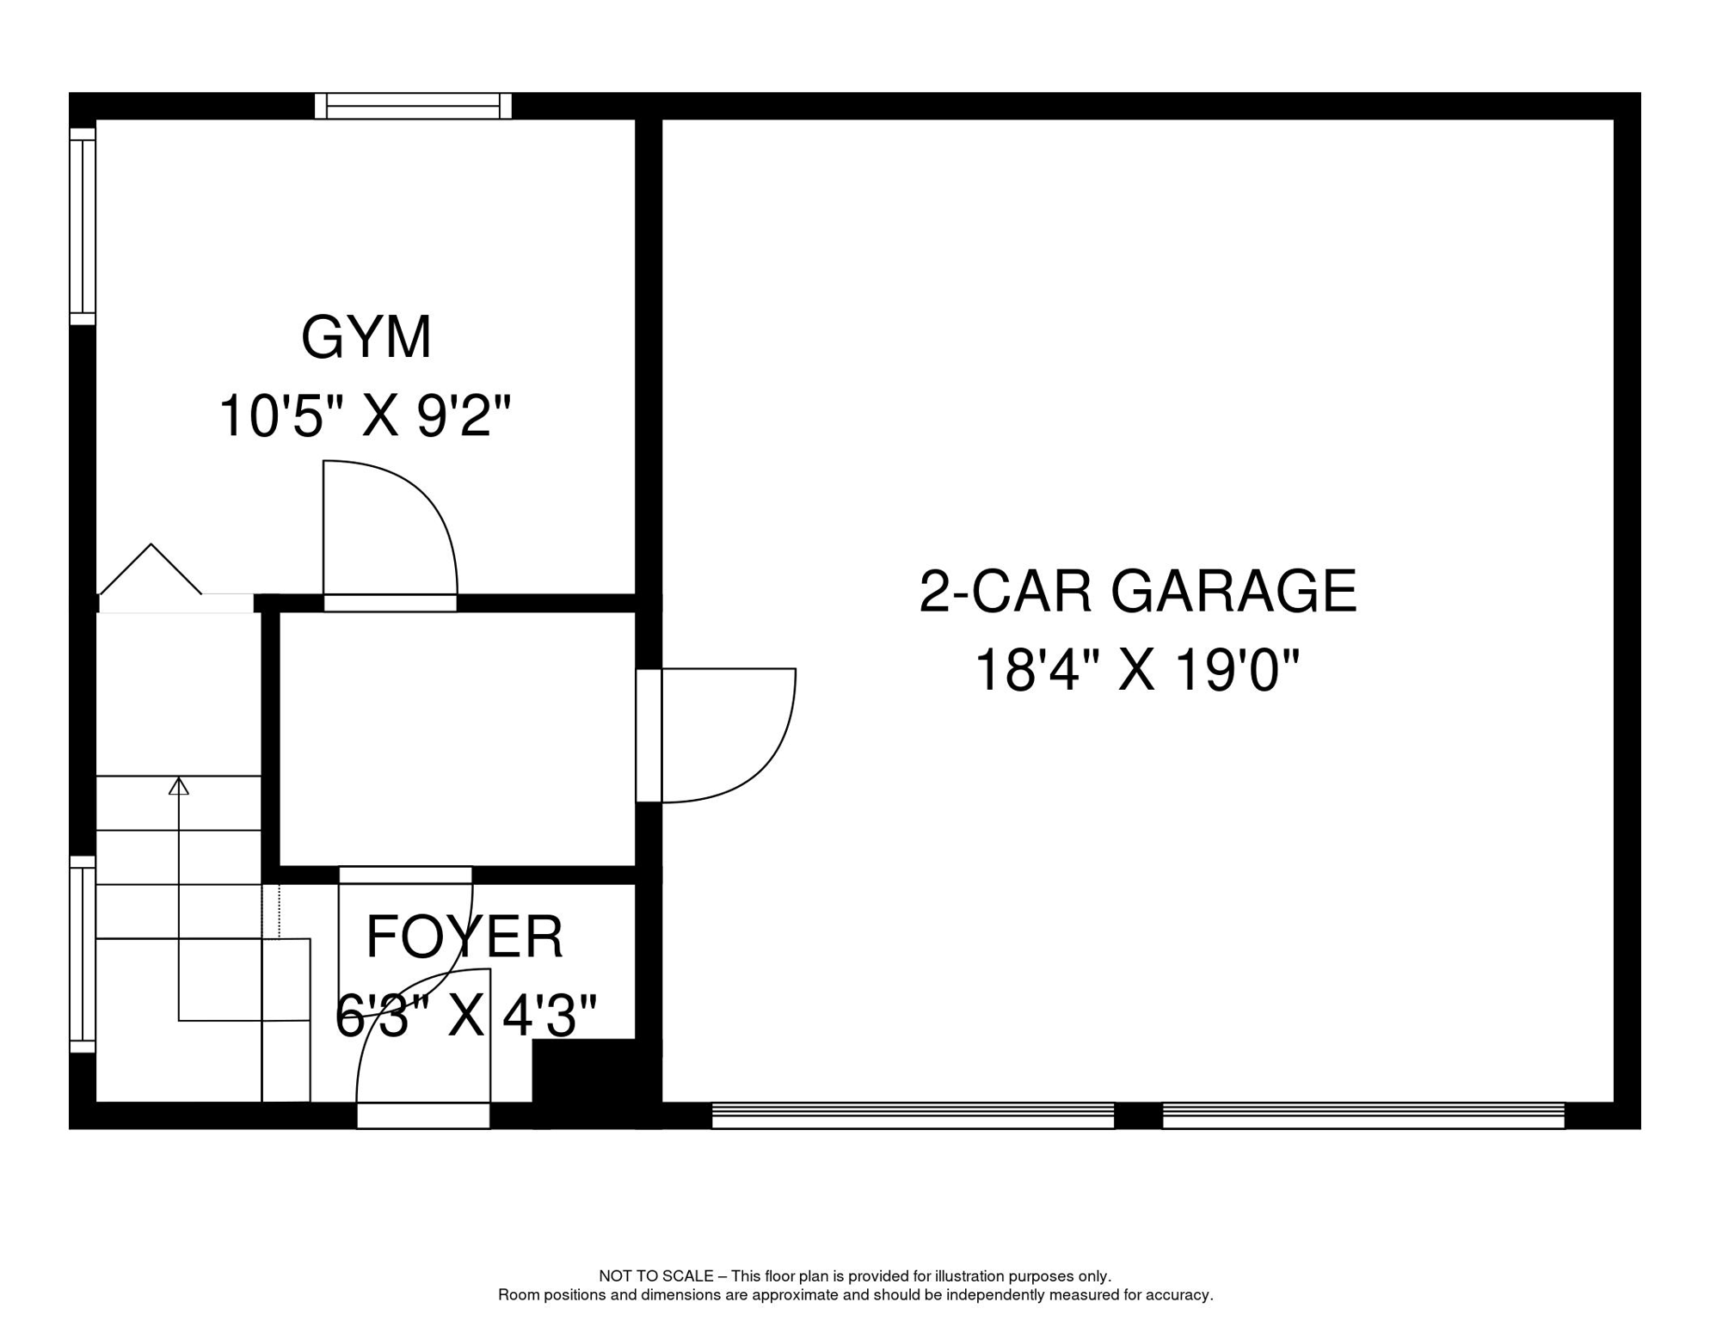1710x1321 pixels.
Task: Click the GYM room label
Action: [366, 337]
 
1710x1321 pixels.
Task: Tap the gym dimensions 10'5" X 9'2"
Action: [366, 415]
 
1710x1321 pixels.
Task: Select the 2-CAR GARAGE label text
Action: [1137, 592]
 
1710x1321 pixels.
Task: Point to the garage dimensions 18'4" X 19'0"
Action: [1137, 670]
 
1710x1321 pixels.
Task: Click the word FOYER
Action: [464, 937]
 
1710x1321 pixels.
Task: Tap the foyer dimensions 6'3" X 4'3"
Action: [465, 1016]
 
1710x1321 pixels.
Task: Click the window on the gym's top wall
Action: [413, 107]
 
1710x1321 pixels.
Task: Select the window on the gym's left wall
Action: [83, 227]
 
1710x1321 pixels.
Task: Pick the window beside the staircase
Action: [83, 954]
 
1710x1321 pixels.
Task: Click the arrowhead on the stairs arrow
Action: [179, 785]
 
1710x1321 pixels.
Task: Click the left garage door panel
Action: [913, 1115]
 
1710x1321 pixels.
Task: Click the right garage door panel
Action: [1363, 1115]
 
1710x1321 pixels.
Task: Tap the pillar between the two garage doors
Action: [1138, 1115]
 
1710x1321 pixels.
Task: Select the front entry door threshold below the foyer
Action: [423, 1115]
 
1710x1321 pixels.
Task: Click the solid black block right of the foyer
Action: [594, 1082]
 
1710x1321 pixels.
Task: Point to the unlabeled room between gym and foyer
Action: [457, 739]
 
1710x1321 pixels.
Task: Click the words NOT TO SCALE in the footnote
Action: [655, 1276]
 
